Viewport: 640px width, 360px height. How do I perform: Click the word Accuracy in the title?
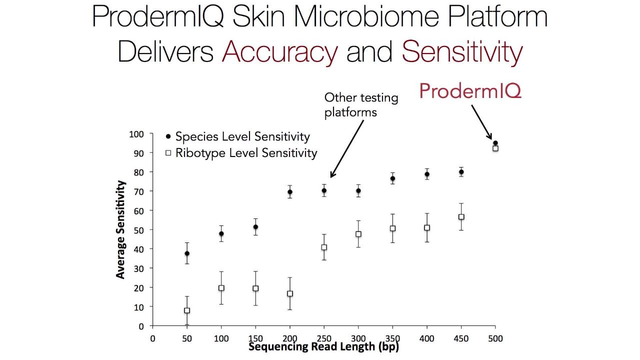pyautogui.click(x=279, y=52)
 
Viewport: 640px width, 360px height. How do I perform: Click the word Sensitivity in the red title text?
pyautogui.click(x=462, y=52)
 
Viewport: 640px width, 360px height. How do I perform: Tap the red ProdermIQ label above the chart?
pyautogui.click(x=470, y=91)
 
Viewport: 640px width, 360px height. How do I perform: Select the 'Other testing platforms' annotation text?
pyautogui.click(x=361, y=105)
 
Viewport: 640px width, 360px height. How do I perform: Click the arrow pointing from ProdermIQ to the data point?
pyautogui.click(x=481, y=122)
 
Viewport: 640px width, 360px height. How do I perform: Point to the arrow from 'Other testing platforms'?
pyautogui.click(x=347, y=148)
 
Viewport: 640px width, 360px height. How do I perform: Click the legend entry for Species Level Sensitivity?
pyautogui.click(x=237, y=136)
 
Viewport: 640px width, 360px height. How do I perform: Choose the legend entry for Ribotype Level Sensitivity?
pyautogui.click(x=241, y=153)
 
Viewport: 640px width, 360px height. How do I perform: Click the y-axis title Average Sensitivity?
pyautogui.click(x=120, y=229)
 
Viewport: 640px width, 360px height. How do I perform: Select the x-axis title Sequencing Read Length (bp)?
pyautogui.click(x=323, y=346)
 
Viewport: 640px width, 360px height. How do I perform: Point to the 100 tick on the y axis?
pyautogui.click(x=136, y=134)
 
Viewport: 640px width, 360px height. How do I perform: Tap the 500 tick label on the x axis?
pyautogui.click(x=495, y=338)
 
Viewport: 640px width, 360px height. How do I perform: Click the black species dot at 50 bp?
pyautogui.click(x=187, y=253)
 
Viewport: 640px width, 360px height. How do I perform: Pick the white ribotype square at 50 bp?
pyautogui.click(x=187, y=310)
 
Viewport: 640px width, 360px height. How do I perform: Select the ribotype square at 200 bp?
pyautogui.click(x=289, y=293)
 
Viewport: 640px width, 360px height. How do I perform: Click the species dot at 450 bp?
pyautogui.click(x=461, y=172)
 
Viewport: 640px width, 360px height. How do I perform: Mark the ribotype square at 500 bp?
pyautogui.click(x=495, y=148)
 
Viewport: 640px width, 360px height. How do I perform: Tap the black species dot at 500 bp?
pyautogui.click(x=495, y=143)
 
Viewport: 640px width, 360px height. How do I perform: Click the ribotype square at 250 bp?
pyautogui.click(x=324, y=247)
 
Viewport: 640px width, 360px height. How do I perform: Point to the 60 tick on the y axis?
pyautogui.click(x=138, y=211)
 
